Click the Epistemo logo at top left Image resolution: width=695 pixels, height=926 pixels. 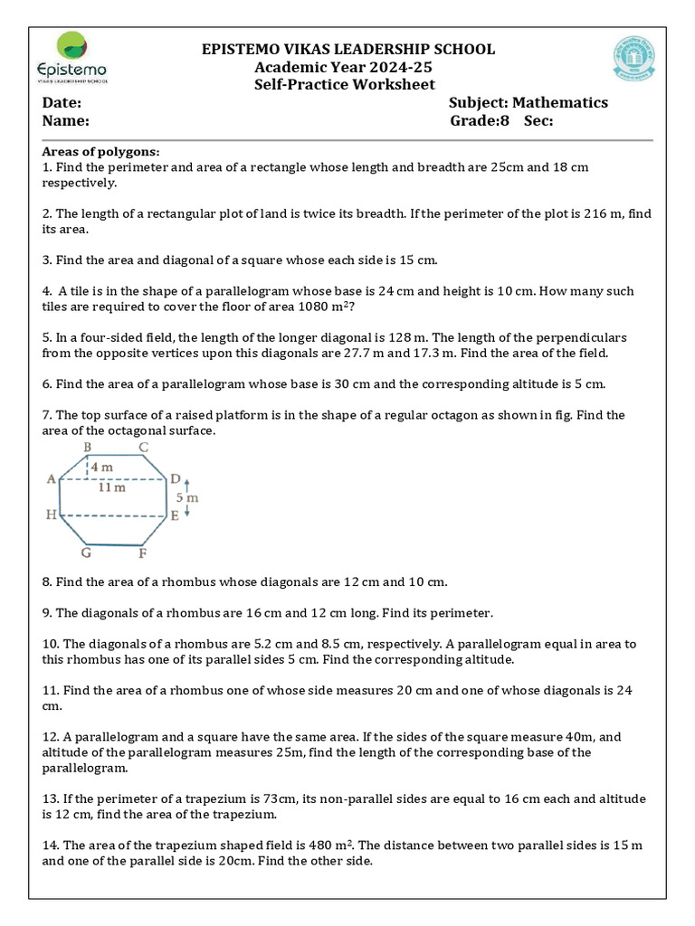70,58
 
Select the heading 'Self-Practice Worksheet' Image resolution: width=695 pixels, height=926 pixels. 344,84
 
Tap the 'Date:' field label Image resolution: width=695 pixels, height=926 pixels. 62,102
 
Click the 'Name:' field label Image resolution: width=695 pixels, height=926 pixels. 65,120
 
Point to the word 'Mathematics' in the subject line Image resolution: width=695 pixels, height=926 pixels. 562,102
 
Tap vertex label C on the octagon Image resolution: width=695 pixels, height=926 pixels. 143,448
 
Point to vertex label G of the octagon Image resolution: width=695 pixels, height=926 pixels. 85,553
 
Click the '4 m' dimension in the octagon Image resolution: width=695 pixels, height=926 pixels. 102,468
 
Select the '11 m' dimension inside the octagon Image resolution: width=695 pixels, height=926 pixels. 111,487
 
